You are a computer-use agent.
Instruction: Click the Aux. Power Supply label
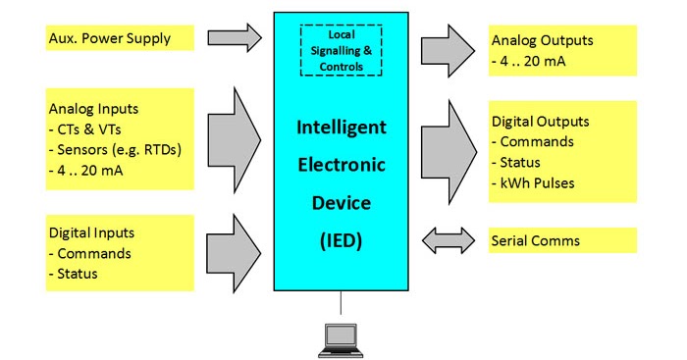click(109, 39)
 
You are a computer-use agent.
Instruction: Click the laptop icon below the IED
click(341, 335)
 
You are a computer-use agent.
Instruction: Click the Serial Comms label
click(535, 240)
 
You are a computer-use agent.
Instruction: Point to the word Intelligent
click(342, 128)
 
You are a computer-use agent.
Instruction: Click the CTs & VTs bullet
click(90, 129)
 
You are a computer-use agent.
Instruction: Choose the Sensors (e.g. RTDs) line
click(115, 149)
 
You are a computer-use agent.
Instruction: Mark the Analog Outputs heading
click(542, 41)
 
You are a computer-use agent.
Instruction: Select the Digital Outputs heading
click(541, 122)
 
